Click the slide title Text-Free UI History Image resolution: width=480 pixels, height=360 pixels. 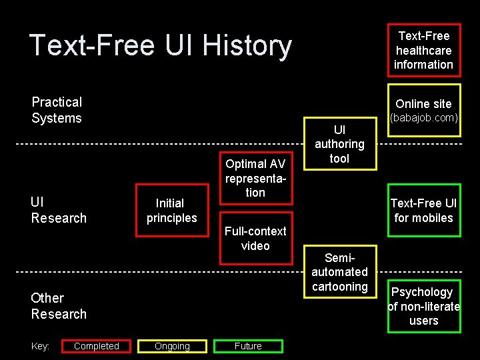click(160, 45)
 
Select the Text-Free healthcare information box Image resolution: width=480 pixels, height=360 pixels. click(423, 50)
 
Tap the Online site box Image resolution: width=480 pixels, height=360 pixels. click(423, 109)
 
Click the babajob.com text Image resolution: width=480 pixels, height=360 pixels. click(423, 118)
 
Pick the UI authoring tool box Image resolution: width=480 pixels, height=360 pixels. click(339, 143)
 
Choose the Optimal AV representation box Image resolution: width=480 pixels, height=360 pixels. click(255, 177)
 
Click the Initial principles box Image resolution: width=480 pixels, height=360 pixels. click(171, 210)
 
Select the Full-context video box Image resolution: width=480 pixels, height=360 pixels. click(255, 238)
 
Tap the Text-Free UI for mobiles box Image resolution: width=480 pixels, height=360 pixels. click(423, 211)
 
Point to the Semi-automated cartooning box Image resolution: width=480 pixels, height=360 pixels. click(339, 272)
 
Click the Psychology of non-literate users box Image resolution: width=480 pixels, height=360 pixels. click(423, 306)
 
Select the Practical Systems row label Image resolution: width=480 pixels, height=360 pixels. click(57, 110)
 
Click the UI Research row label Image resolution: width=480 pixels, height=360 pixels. click(59, 210)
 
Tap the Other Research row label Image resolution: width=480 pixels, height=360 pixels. click(59, 306)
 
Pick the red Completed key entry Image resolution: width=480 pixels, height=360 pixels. click(97, 346)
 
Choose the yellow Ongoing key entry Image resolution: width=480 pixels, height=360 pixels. click(172, 346)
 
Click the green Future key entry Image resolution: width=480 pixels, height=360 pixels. click(248, 346)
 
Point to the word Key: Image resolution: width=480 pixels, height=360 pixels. click(41, 346)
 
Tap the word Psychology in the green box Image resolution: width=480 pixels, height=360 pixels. click(421, 292)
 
